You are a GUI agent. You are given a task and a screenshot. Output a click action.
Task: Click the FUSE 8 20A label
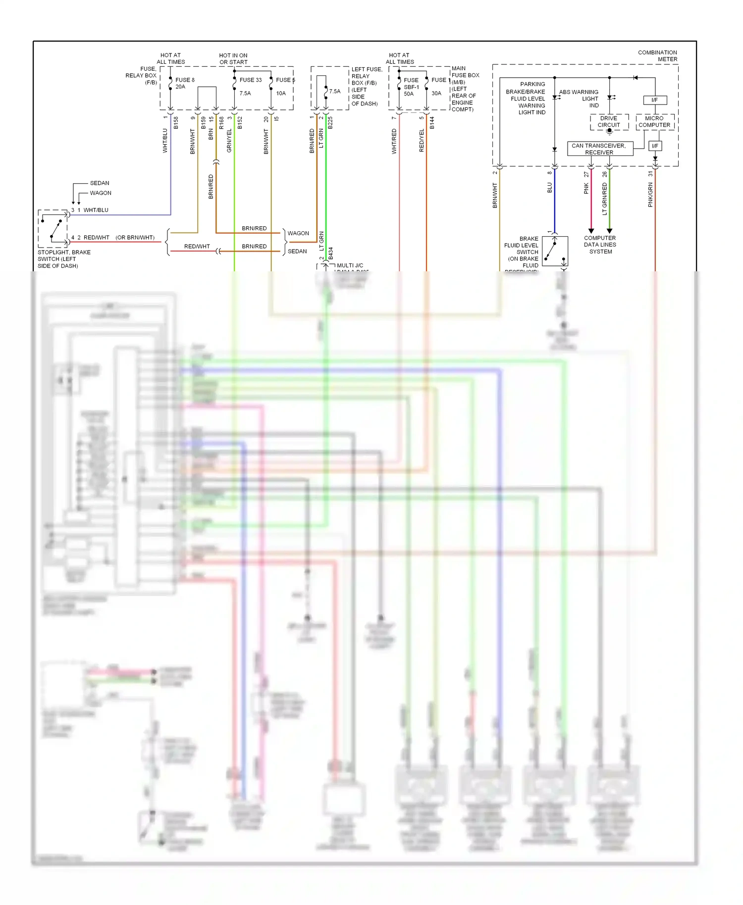184,83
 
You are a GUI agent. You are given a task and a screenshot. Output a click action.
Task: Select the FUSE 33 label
250,80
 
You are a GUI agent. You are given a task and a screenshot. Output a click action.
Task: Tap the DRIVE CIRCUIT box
609,122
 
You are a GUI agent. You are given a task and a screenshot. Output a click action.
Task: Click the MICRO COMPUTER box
654,122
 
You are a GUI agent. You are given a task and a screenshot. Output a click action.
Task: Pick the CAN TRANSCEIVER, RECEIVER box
599,149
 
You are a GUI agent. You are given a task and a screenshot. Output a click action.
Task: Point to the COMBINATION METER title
657,55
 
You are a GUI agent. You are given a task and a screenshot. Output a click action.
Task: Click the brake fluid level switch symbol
555,251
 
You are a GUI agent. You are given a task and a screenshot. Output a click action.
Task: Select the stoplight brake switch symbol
53,228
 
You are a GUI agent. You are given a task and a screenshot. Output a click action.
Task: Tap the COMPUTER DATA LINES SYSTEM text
600,245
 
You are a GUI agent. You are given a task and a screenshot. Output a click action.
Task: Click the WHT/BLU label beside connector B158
165,141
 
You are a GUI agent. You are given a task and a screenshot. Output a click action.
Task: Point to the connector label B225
330,123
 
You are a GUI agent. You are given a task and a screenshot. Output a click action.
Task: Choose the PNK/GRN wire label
650,195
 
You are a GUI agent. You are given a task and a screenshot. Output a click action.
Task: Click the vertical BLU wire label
549,188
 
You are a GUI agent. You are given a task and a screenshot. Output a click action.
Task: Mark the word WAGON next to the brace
298,233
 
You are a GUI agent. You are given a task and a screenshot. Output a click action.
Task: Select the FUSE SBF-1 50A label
411,87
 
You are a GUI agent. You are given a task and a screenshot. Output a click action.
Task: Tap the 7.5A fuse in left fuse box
334,91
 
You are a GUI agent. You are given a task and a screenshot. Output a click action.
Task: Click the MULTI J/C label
350,265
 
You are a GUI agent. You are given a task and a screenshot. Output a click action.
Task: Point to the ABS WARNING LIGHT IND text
579,99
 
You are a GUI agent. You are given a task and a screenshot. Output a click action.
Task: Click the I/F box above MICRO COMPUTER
654,100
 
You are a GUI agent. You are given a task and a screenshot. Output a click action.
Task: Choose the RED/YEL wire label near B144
422,141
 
